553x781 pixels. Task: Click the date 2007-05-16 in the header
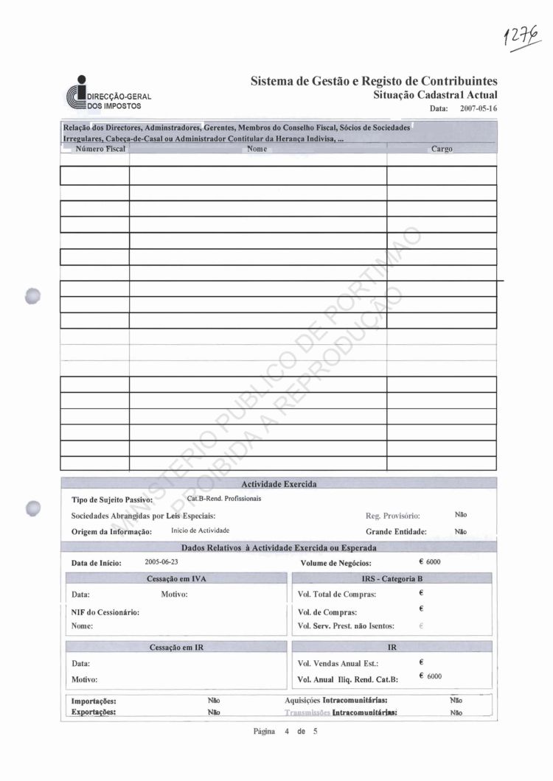(479, 108)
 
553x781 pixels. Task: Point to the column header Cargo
(441, 149)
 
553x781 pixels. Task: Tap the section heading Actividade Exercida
(279, 484)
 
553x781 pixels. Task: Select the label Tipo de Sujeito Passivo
(111, 500)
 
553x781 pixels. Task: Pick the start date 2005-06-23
(161, 561)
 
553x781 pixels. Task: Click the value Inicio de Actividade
(201, 530)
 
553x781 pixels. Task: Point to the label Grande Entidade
(396, 531)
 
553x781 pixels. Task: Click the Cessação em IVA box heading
(176, 579)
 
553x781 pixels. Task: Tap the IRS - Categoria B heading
(392, 579)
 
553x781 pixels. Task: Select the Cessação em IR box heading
(175, 647)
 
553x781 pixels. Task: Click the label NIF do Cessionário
(105, 612)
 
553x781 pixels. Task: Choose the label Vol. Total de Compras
(337, 594)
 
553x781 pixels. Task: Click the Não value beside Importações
(214, 701)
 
